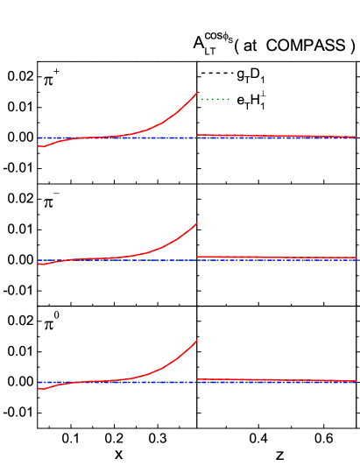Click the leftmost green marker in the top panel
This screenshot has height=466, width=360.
coord(202,99)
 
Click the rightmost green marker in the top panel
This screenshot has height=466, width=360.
coord(229,99)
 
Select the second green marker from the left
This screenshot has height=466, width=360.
coord(208,99)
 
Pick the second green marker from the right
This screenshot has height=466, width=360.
coord(223,99)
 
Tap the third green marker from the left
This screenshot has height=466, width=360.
coord(213,99)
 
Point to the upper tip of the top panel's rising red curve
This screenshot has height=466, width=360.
coord(197,93)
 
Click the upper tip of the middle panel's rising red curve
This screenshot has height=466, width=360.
coord(197,222)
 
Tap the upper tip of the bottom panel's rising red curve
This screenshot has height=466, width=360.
coord(197,340)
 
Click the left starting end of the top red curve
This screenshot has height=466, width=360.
coord(39,146)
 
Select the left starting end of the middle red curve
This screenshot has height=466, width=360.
coord(39,264)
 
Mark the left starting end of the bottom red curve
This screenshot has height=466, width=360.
coord(39,388)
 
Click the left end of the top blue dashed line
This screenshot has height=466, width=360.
coord(39,138)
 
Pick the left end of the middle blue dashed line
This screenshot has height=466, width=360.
coord(39,259)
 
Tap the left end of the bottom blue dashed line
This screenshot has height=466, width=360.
coord(39,382)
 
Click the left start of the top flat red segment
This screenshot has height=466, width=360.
coord(197,135)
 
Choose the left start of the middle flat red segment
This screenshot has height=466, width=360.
coord(197,256)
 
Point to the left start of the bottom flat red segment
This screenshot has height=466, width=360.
coord(197,379)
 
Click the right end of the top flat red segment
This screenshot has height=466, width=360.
coord(356,137)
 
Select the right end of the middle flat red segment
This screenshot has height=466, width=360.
coord(356,258)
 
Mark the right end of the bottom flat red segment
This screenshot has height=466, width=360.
coord(356,381)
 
